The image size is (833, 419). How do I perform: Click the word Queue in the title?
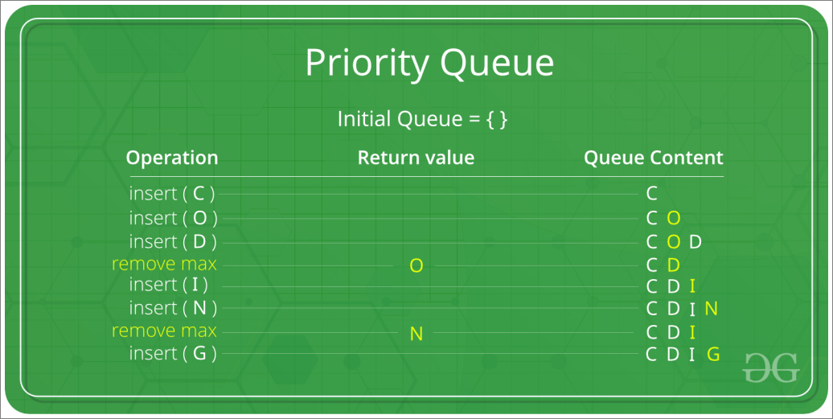click(x=497, y=64)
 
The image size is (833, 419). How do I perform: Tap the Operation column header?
click(x=172, y=158)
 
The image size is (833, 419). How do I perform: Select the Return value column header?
click(x=416, y=158)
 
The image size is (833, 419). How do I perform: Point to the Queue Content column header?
click(x=654, y=158)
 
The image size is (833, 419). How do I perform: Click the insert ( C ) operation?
click(x=172, y=193)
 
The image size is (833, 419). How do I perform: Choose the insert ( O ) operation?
click(x=173, y=218)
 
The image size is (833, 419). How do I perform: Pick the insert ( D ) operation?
click(x=173, y=241)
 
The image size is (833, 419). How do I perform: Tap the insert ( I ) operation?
click(x=168, y=285)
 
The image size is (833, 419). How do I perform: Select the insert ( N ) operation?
click(x=173, y=308)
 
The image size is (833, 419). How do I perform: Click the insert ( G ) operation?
click(x=173, y=353)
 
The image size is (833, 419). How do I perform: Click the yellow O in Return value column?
click(x=416, y=265)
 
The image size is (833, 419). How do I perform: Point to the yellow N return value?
click(x=416, y=334)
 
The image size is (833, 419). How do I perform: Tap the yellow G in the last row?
click(x=713, y=354)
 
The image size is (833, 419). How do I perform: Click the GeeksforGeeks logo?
click(x=770, y=367)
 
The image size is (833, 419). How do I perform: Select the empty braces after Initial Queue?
click(x=497, y=119)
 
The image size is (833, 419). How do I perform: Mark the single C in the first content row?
click(x=652, y=193)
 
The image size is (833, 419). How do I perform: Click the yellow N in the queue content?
click(x=712, y=308)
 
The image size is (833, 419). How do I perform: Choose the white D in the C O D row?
click(x=696, y=242)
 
